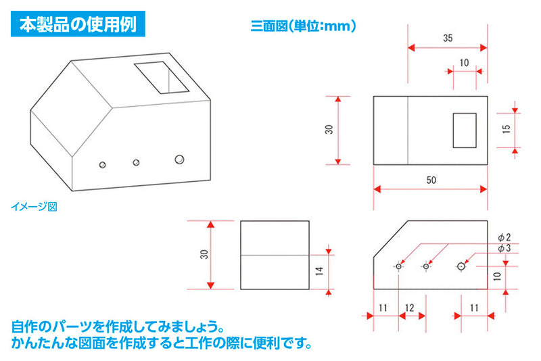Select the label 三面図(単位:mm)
(x=303, y=26)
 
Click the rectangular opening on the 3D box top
(x=162, y=78)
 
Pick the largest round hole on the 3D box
(x=179, y=159)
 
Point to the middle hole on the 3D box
(x=136, y=162)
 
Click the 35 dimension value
(x=448, y=39)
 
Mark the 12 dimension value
(x=409, y=307)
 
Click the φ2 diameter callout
(x=504, y=236)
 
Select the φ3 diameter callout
(x=504, y=248)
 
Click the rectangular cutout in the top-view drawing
(x=465, y=130)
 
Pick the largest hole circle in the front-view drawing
(x=461, y=266)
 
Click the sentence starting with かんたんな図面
(x=162, y=343)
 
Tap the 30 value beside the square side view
(x=204, y=254)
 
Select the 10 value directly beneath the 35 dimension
(x=464, y=62)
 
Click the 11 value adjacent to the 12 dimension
(x=383, y=307)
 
